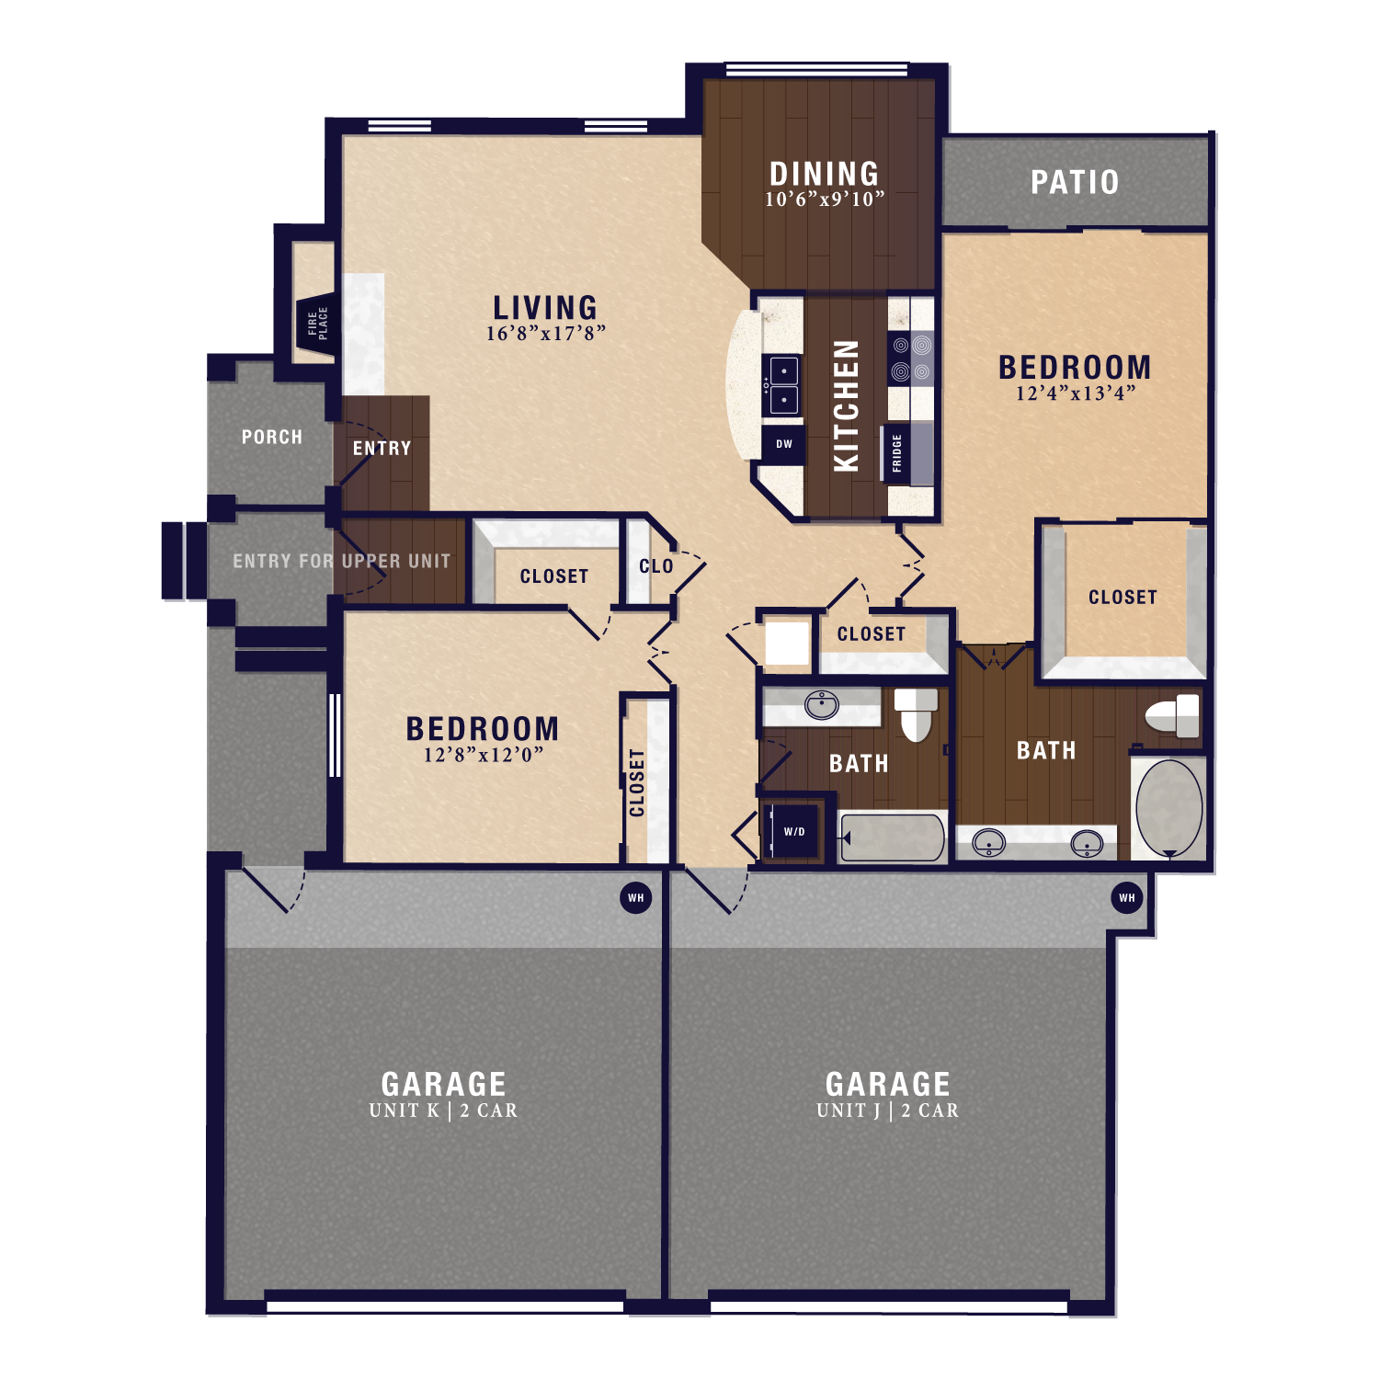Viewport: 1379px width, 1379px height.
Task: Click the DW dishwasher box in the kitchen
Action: pyautogui.click(x=783, y=444)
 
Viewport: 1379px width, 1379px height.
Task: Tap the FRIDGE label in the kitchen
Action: pyautogui.click(x=897, y=453)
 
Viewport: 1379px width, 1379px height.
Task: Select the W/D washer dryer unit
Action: pyautogui.click(x=793, y=832)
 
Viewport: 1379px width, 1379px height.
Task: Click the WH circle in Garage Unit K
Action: pyautogui.click(x=636, y=898)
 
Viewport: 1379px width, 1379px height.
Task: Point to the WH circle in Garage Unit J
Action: pyautogui.click(x=1127, y=898)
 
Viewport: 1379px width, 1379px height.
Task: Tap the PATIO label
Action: pyautogui.click(x=1074, y=182)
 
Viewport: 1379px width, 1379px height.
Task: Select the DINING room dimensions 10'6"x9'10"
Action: pyautogui.click(x=825, y=199)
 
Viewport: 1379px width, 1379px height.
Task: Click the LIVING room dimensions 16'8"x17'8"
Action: pyautogui.click(x=545, y=334)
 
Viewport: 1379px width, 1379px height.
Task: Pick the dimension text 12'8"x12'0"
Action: pyautogui.click(x=483, y=755)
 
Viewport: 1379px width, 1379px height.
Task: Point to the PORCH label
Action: pyautogui.click(x=271, y=437)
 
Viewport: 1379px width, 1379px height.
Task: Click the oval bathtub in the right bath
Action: pyautogui.click(x=1168, y=808)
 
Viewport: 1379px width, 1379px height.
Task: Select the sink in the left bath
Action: pyautogui.click(x=821, y=706)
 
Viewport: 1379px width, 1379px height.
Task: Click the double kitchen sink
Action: pyautogui.click(x=783, y=386)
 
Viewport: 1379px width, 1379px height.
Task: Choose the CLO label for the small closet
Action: pyautogui.click(x=655, y=566)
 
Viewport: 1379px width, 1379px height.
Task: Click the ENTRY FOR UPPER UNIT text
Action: pyautogui.click(x=341, y=561)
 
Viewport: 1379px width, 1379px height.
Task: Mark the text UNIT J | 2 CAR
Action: pyautogui.click(x=887, y=1111)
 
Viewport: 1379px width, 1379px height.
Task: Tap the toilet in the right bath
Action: pyautogui.click(x=1173, y=715)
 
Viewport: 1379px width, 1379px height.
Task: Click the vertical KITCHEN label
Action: pyautogui.click(x=846, y=406)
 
